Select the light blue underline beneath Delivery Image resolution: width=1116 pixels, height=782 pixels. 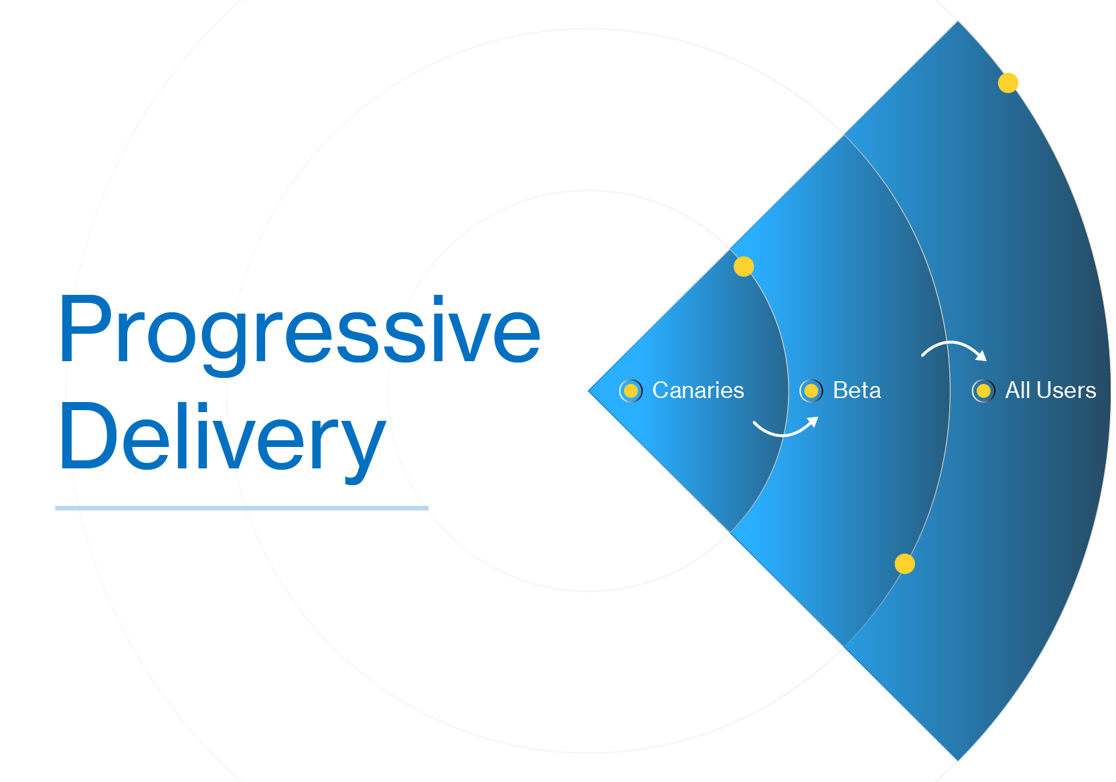[241, 508]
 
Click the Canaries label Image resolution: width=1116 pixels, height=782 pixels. [698, 390]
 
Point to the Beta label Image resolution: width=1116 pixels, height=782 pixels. [856, 390]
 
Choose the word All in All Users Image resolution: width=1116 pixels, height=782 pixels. [1017, 390]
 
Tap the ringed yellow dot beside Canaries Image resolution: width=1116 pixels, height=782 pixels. [631, 391]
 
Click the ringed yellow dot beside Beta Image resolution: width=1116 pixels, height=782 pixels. [811, 391]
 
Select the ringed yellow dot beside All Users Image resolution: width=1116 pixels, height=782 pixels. [983, 391]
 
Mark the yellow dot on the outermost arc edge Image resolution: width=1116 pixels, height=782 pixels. [1008, 83]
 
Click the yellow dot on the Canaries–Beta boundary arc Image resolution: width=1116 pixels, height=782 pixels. [744, 267]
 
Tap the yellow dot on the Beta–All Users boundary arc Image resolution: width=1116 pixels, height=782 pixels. [904, 564]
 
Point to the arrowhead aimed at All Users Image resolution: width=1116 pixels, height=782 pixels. [981, 356]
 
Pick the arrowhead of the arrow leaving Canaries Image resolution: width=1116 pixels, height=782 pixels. [813, 421]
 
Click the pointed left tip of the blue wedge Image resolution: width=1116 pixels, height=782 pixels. [590, 391]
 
